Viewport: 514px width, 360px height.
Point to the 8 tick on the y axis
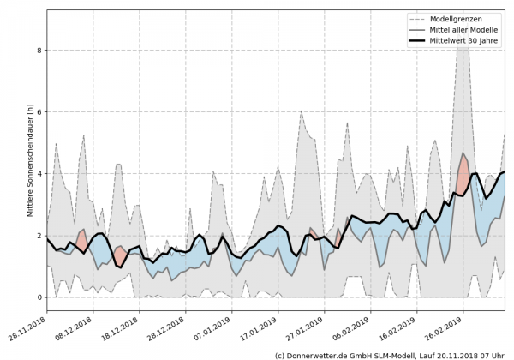[x=38, y=51]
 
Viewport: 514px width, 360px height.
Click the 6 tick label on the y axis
[x=38, y=112]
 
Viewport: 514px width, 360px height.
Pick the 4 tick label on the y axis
[x=38, y=174]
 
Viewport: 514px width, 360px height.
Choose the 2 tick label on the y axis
[x=38, y=236]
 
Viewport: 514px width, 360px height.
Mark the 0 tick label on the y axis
[x=38, y=297]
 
